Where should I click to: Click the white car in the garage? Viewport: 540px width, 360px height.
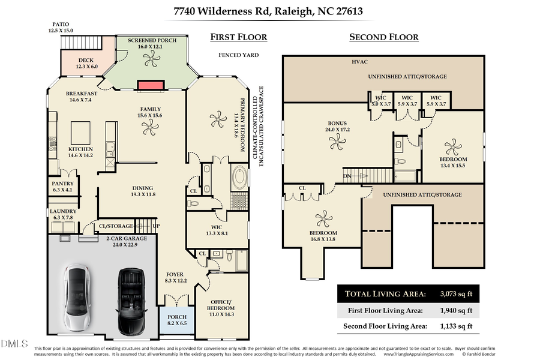point(78,298)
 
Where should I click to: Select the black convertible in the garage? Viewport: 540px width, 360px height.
point(130,301)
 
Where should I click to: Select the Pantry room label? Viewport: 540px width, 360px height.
point(62,187)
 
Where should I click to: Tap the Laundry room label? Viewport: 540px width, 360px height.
point(62,214)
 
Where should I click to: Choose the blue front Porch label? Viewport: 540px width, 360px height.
point(177,320)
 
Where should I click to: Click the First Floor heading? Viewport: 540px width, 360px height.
point(238,37)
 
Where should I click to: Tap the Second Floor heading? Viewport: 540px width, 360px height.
point(384,37)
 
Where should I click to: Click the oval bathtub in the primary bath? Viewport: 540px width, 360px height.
point(240,178)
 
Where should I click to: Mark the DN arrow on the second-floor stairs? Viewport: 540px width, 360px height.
point(355,175)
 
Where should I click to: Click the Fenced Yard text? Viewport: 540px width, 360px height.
point(238,55)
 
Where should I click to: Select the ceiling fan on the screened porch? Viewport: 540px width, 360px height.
point(151,57)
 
